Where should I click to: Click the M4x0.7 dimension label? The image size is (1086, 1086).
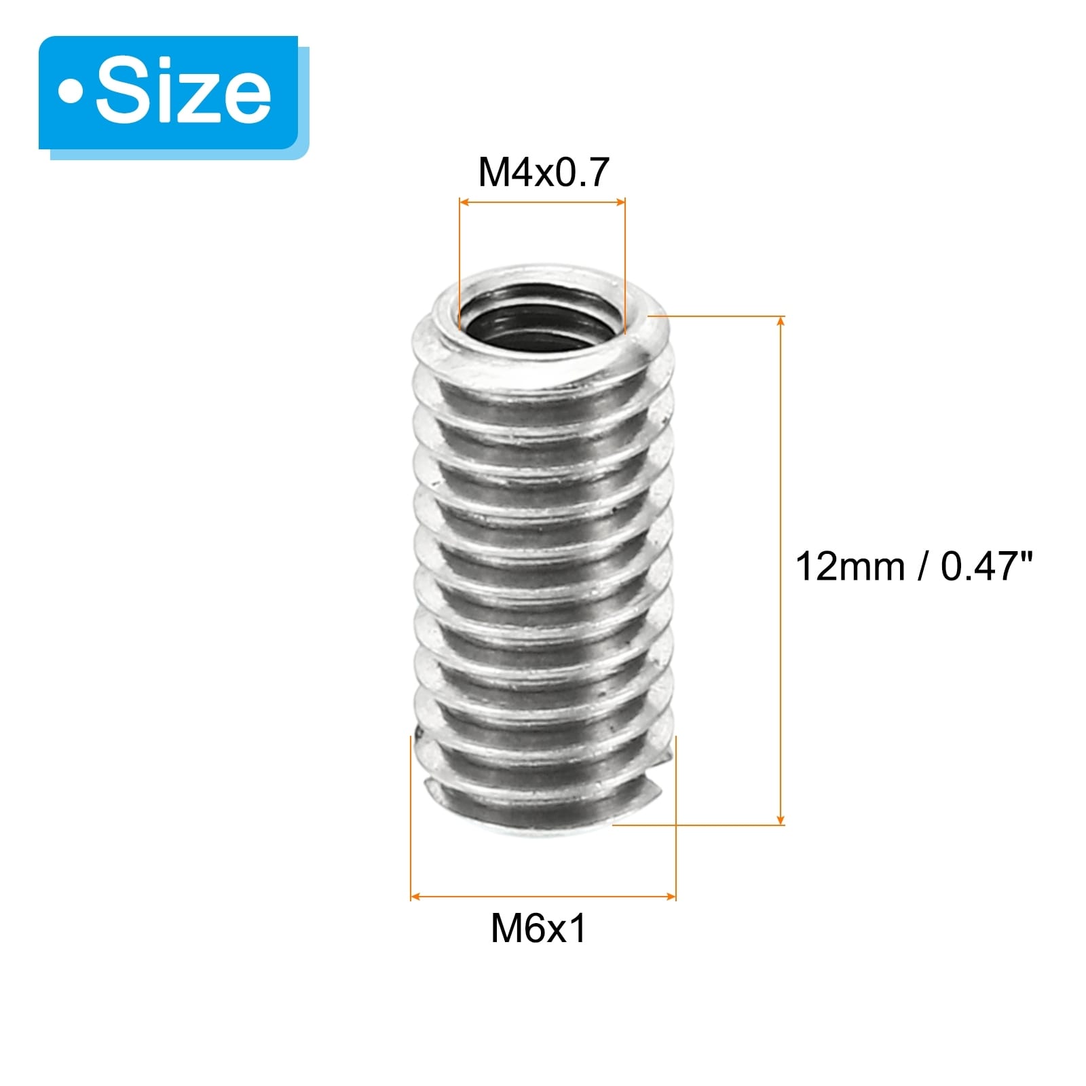pyautogui.click(x=544, y=172)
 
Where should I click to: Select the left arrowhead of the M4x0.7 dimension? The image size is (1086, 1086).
pyautogui.click(x=465, y=202)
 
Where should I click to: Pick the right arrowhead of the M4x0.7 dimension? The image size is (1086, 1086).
pyautogui.click(x=619, y=202)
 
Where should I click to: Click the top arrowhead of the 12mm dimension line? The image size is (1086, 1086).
pyautogui.click(x=781, y=322)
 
